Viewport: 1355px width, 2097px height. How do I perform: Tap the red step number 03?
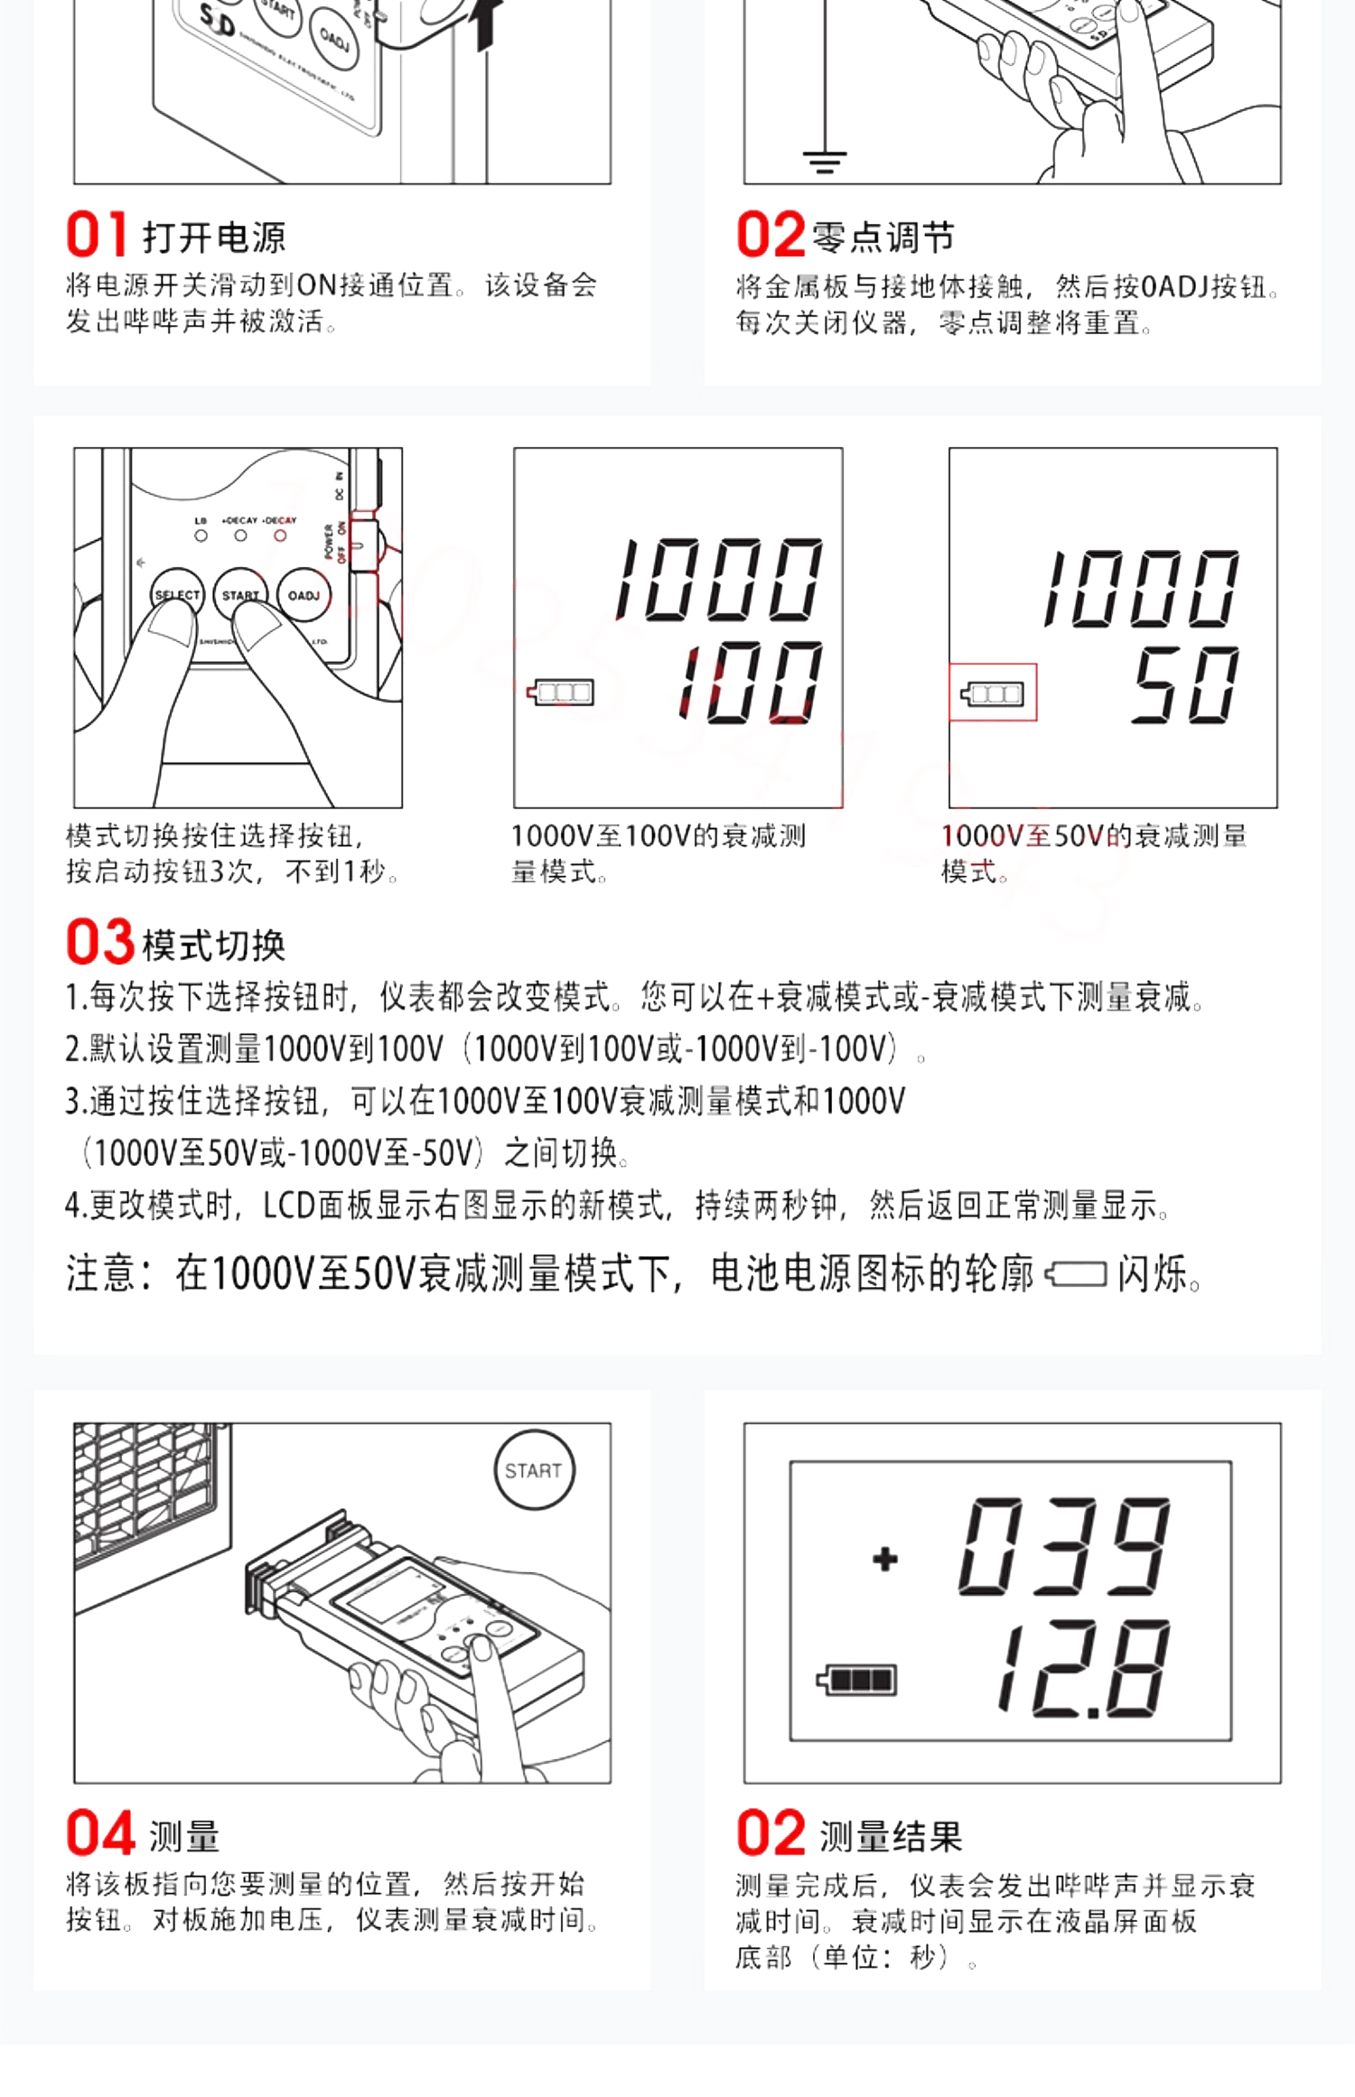point(100,942)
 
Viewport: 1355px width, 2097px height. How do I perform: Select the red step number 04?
point(101,1833)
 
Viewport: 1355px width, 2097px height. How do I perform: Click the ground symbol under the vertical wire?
point(824,163)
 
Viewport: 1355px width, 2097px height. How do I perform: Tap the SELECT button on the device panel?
point(177,595)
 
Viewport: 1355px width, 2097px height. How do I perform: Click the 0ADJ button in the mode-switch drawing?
point(304,595)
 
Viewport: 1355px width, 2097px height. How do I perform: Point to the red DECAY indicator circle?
point(280,536)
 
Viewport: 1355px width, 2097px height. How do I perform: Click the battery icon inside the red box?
point(992,694)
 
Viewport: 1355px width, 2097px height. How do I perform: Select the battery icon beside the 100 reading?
point(561,693)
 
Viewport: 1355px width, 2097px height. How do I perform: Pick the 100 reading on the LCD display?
point(752,683)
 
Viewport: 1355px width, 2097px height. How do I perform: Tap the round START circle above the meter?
point(534,1470)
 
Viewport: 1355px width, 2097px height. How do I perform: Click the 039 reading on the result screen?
point(1064,1546)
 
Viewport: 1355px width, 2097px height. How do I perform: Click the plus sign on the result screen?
point(885,1559)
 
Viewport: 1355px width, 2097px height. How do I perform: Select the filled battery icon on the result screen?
point(856,1680)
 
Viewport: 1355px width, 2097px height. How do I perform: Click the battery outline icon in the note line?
point(1076,1274)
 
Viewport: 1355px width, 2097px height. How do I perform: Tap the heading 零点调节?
point(883,238)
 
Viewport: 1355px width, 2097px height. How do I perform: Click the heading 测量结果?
point(891,1837)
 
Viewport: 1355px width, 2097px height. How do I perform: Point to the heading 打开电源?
point(214,238)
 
